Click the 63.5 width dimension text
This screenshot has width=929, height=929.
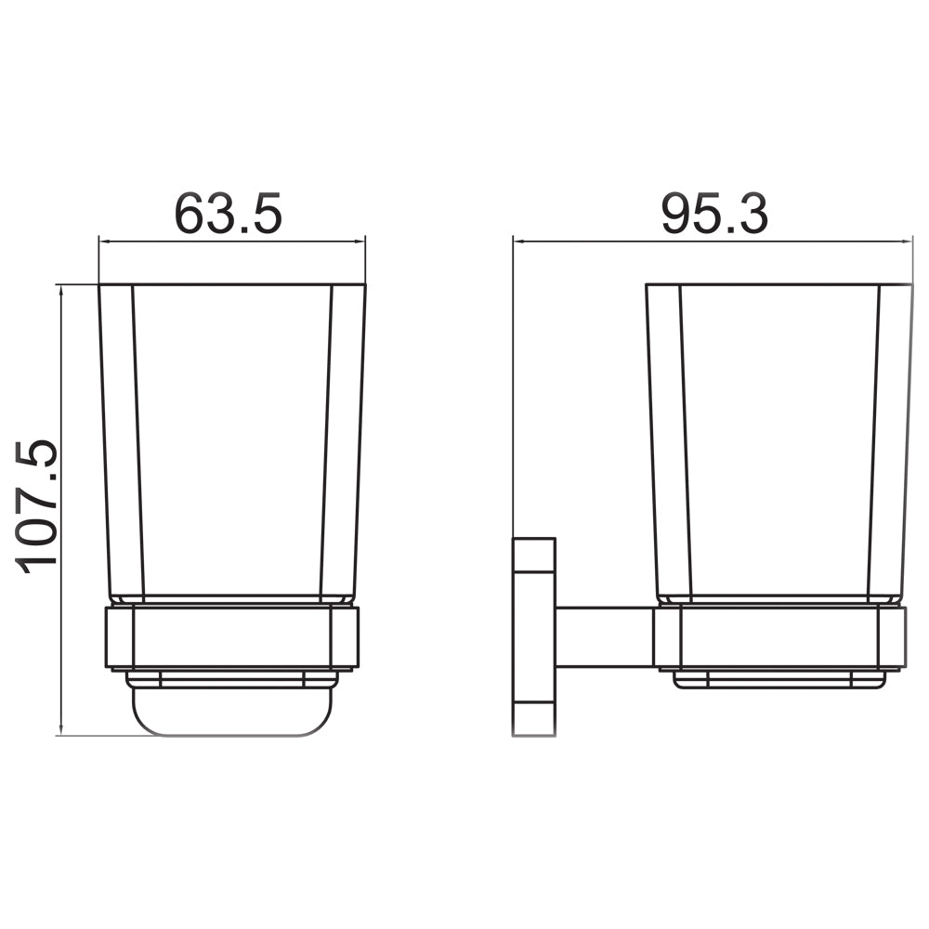(228, 215)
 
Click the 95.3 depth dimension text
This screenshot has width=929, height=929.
(714, 215)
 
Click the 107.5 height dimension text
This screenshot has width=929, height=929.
(38, 506)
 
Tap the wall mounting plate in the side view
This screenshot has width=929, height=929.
(533, 637)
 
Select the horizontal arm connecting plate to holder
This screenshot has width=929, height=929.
(604, 637)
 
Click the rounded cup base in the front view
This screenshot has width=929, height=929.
(231, 712)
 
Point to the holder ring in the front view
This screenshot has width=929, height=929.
(231, 637)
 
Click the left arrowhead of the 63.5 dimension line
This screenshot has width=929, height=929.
(105, 242)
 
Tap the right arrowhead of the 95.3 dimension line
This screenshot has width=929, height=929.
(907, 242)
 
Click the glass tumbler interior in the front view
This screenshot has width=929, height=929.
(232, 437)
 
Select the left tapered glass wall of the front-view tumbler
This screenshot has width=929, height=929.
(122, 437)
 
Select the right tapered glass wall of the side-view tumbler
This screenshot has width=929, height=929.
(892, 437)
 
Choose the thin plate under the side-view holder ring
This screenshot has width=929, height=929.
(779, 680)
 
